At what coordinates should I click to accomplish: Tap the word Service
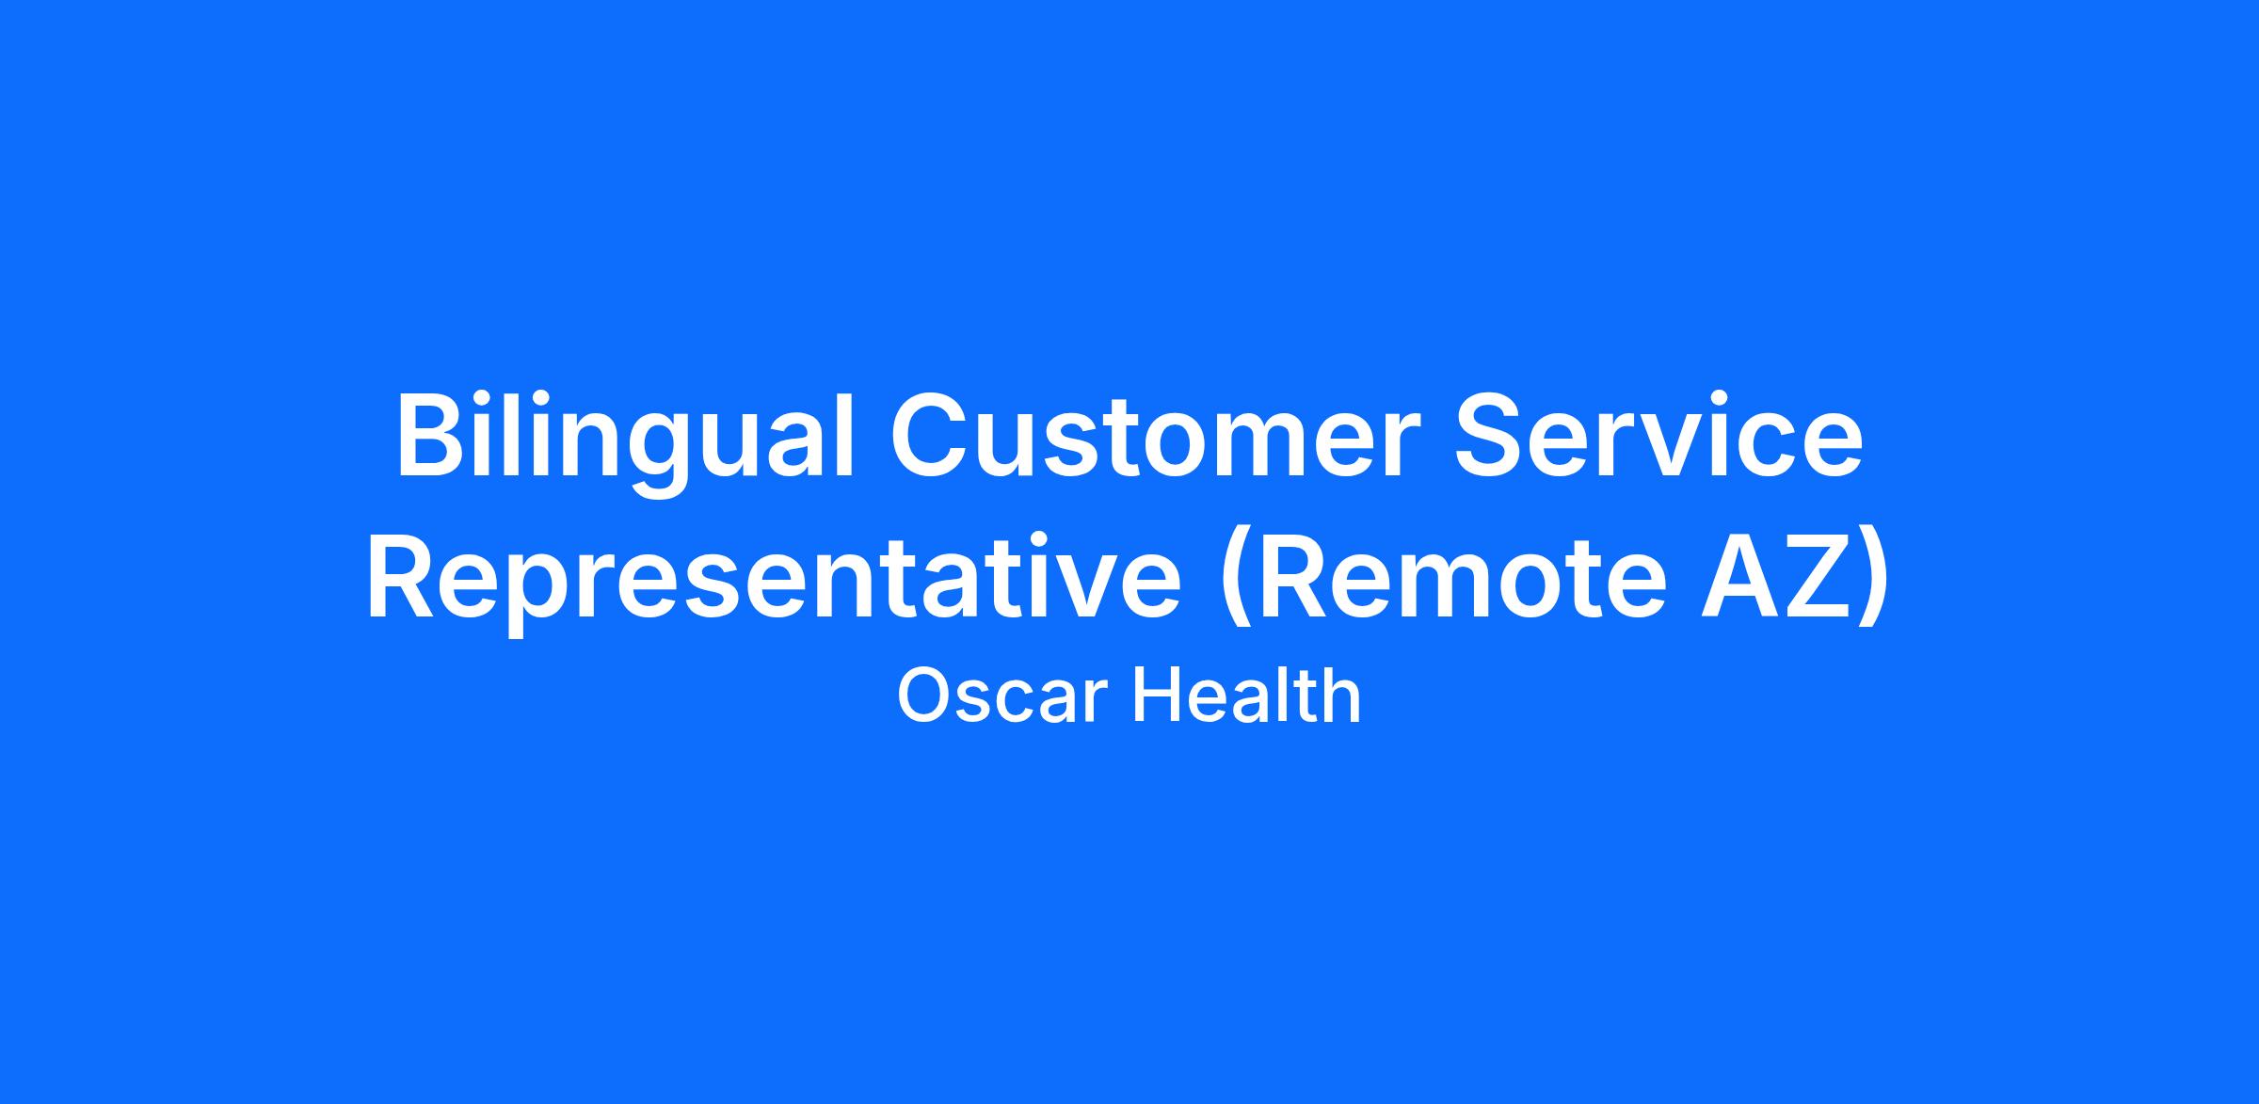1658,436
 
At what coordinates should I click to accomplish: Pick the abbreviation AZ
1771,575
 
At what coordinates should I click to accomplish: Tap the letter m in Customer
1248,447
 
